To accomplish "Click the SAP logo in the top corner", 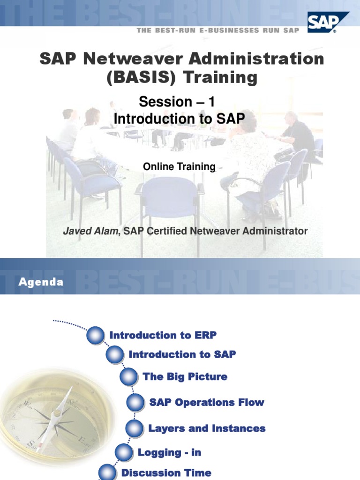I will pos(328,22).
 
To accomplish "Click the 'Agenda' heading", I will pos(41,282).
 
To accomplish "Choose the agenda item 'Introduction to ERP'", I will pos(163,335).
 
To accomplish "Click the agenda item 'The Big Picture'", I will pos(185,377).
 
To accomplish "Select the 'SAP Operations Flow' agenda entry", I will pos(206,403).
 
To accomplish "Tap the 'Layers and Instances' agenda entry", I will pos(207,428).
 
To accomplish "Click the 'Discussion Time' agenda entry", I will pos(166,473).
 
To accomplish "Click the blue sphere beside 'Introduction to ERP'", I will pos(95,336).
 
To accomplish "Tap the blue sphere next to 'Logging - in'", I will pos(123,453).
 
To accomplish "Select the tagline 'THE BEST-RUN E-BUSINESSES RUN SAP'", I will pos(217,30).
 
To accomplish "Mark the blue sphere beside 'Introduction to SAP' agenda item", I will pos(114,355).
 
